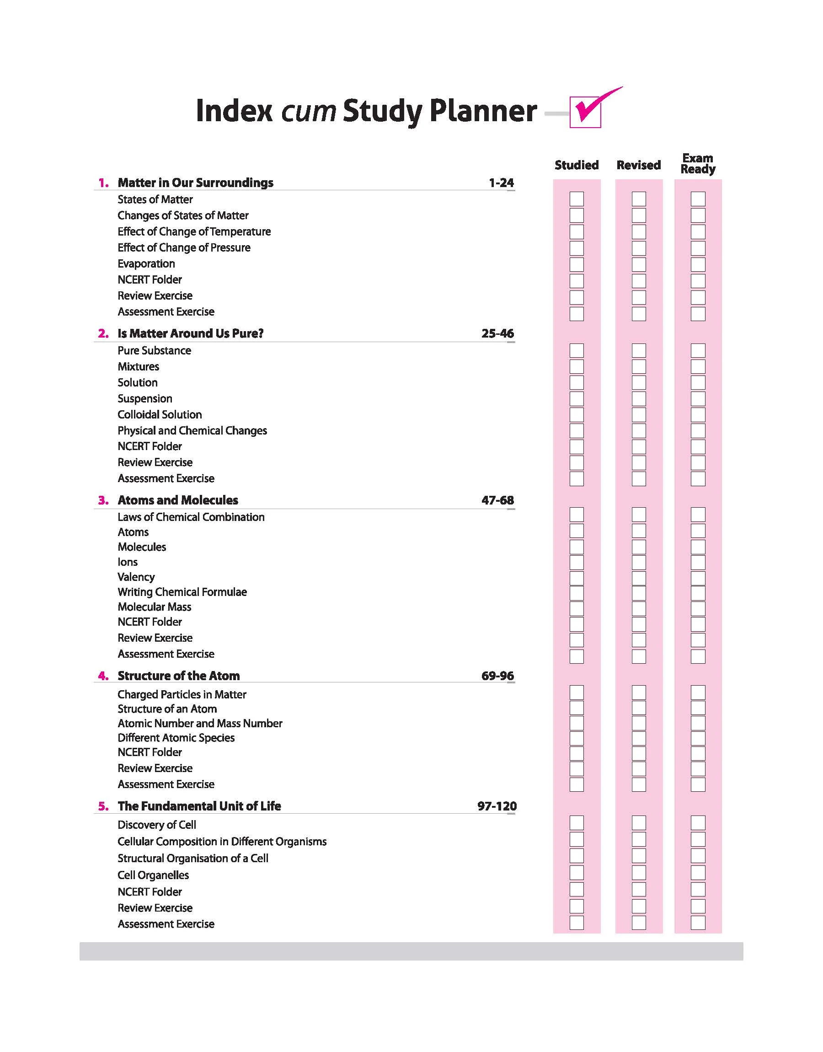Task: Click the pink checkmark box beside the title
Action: click(585, 112)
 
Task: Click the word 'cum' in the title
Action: click(308, 111)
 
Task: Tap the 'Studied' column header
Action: click(576, 165)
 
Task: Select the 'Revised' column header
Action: click(638, 165)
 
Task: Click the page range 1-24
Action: click(501, 183)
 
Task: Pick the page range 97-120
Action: click(497, 806)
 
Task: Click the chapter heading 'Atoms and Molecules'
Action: click(178, 500)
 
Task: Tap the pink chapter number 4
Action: click(103, 676)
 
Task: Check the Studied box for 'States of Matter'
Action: click(576, 199)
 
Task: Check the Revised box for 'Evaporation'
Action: click(638, 264)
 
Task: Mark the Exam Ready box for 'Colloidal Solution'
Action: click(698, 414)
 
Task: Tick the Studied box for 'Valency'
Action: click(576, 577)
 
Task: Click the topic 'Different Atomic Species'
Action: click(176, 738)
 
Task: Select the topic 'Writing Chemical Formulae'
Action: click(182, 592)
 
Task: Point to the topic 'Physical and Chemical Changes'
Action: click(192, 431)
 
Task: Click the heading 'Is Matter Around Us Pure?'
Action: click(190, 333)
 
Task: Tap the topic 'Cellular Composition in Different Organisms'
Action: click(222, 842)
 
